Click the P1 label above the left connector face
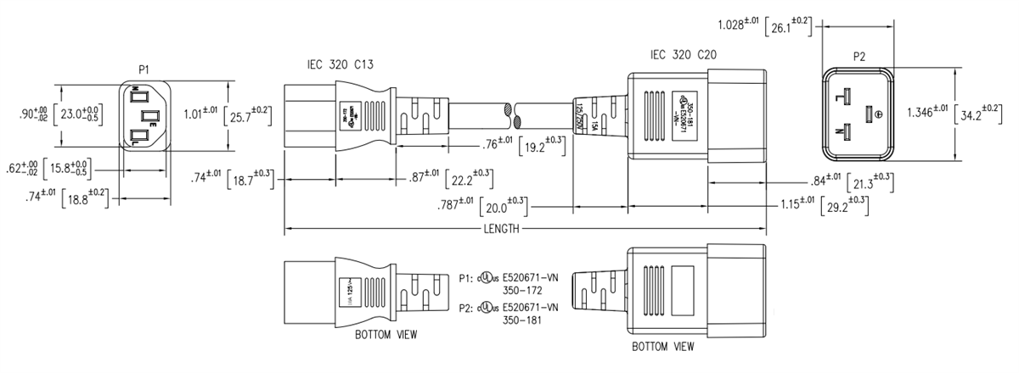point(143,67)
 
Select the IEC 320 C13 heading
point(341,64)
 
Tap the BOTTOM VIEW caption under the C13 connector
point(386,335)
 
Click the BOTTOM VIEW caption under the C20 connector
point(662,347)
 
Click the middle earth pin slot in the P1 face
point(149,115)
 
